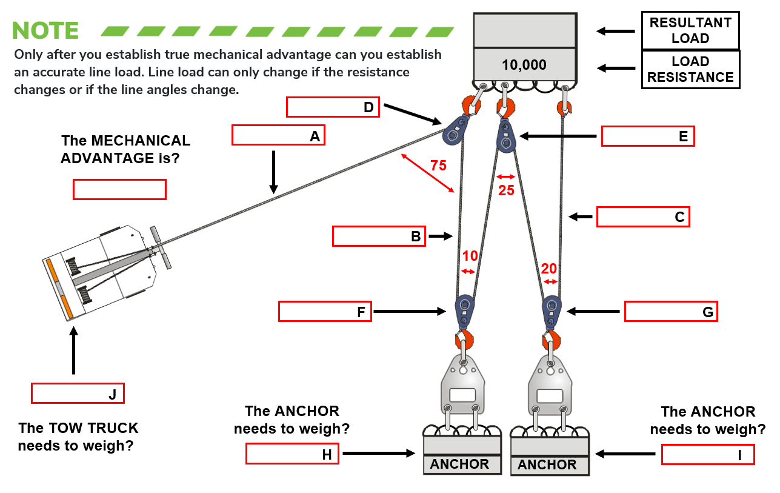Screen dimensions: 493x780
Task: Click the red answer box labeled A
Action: [278, 135]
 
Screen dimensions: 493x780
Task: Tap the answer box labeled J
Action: [78, 394]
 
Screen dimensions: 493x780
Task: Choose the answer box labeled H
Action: [292, 454]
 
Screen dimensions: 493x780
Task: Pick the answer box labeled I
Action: [708, 454]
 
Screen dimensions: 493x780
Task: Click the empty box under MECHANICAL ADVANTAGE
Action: [119, 189]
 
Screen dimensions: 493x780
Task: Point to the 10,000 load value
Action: [524, 65]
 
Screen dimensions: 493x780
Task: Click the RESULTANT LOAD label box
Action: [690, 30]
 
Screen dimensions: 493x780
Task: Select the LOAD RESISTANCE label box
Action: [690, 69]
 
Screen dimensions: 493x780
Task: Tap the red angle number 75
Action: [438, 165]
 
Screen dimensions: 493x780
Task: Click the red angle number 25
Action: [506, 190]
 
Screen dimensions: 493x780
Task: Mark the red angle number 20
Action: [549, 269]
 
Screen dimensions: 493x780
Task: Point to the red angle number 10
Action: [470, 256]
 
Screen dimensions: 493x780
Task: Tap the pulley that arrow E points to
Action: [505, 136]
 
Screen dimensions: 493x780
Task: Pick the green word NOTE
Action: [45, 30]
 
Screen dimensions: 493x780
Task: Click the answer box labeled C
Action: [643, 217]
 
